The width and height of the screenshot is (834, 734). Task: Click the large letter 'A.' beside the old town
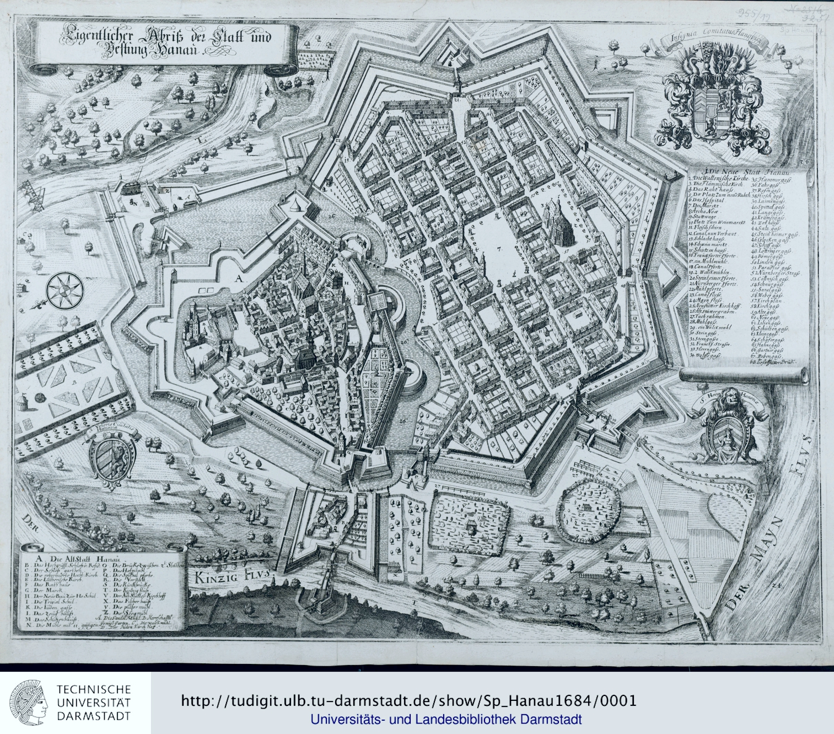coord(238,280)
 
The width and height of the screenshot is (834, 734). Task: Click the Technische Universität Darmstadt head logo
coord(29,703)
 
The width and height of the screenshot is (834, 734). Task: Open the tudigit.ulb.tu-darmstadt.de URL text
coord(408,701)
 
